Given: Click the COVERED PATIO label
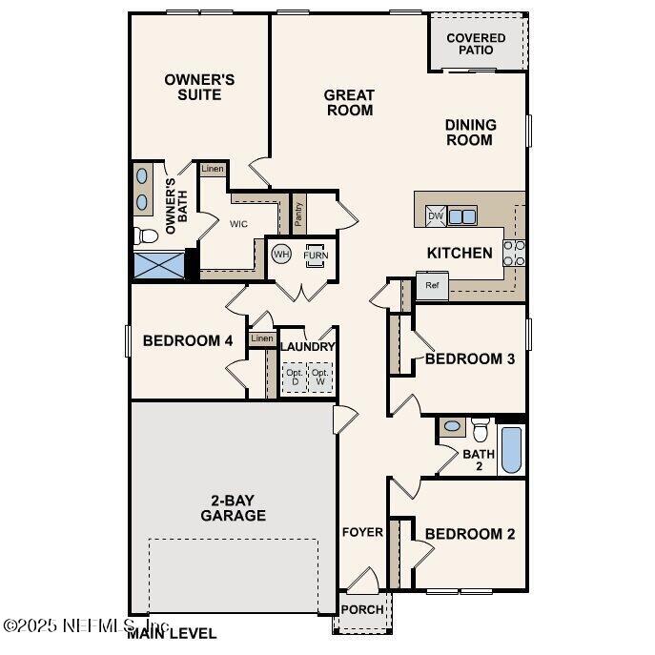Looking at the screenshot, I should [476, 44].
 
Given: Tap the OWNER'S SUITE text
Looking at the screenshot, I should [199, 87].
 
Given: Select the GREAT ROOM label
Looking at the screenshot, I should [349, 102].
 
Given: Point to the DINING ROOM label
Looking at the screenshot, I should [470, 132].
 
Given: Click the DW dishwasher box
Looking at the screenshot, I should [435, 216].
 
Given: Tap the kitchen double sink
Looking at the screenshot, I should [462, 216].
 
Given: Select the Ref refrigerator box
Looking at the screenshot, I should [431, 285].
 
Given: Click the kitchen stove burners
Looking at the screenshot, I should [514, 253].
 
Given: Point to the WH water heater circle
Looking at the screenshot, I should [280, 255].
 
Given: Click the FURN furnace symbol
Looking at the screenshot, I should [314, 256].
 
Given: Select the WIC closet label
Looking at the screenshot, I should [238, 225].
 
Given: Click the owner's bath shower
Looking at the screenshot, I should [157, 265].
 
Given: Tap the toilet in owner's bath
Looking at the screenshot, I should [146, 235].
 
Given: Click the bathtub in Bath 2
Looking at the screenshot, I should [511, 450].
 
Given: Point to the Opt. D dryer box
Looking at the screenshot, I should [294, 378].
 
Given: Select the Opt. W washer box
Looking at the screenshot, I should [319, 378].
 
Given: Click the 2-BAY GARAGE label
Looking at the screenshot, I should [233, 508].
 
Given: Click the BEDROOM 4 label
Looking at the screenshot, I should [188, 340].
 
